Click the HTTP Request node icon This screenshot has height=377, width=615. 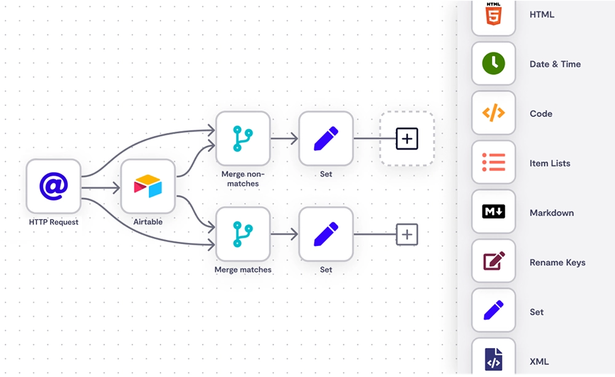click(54, 186)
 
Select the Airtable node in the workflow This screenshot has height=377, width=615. click(148, 186)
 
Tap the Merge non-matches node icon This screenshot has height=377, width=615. click(243, 138)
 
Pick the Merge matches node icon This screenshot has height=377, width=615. click(243, 234)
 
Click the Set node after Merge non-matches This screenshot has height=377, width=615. click(326, 138)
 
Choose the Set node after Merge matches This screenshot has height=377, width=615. click(326, 234)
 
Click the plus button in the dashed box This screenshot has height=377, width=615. click(407, 138)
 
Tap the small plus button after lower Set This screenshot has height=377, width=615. click(407, 234)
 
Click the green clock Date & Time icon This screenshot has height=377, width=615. click(493, 64)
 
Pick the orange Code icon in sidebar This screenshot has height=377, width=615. click(493, 113)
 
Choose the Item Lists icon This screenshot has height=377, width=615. click(493, 163)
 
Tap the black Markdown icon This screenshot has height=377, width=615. click(493, 213)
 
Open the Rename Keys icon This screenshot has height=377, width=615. click(493, 262)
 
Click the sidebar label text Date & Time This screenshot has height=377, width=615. click(555, 64)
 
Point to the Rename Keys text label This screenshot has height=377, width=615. click(557, 263)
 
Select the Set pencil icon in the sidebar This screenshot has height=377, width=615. click(493, 311)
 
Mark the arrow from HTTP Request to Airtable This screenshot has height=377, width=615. click(101, 188)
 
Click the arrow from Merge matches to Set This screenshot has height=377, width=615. click(284, 234)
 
